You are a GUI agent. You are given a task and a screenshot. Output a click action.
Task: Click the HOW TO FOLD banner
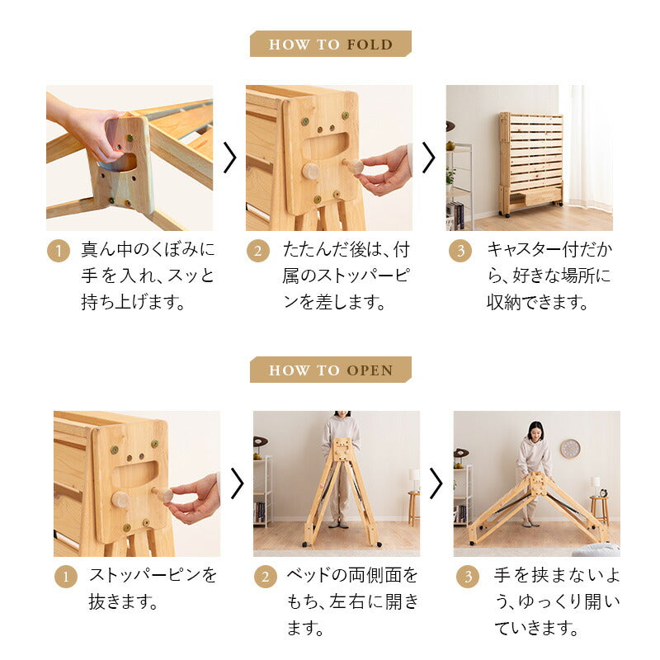tap(330, 44)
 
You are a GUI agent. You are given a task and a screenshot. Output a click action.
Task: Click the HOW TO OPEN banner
tap(330, 370)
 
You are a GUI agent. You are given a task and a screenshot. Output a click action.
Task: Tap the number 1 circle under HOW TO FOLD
tap(58, 251)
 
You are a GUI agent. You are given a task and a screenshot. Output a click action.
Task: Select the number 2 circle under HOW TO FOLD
tap(257, 251)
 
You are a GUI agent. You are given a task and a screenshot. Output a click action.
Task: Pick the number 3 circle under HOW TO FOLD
tap(460, 251)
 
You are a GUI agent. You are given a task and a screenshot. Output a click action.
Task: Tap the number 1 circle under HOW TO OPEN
tap(65, 576)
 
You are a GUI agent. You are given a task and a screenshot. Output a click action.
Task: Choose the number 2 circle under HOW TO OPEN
tap(265, 576)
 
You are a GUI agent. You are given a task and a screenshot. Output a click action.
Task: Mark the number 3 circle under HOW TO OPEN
tap(467, 576)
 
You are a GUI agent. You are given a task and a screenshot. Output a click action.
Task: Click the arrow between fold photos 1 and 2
tap(229, 158)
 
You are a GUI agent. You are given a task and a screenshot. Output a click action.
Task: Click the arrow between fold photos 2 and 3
tap(428, 158)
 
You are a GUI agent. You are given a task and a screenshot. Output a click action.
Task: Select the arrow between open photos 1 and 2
tap(237, 483)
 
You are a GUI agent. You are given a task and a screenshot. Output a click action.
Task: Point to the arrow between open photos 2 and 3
tap(436, 483)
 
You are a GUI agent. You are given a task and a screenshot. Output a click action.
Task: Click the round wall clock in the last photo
tap(569, 448)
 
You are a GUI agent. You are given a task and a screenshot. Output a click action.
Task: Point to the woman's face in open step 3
tap(535, 431)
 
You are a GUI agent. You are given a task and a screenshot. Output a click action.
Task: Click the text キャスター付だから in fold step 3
tap(549, 249)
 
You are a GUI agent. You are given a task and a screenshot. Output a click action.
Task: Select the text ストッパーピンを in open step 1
tap(153, 575)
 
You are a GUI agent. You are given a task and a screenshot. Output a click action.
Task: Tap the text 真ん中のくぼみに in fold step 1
tap(147, 249)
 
